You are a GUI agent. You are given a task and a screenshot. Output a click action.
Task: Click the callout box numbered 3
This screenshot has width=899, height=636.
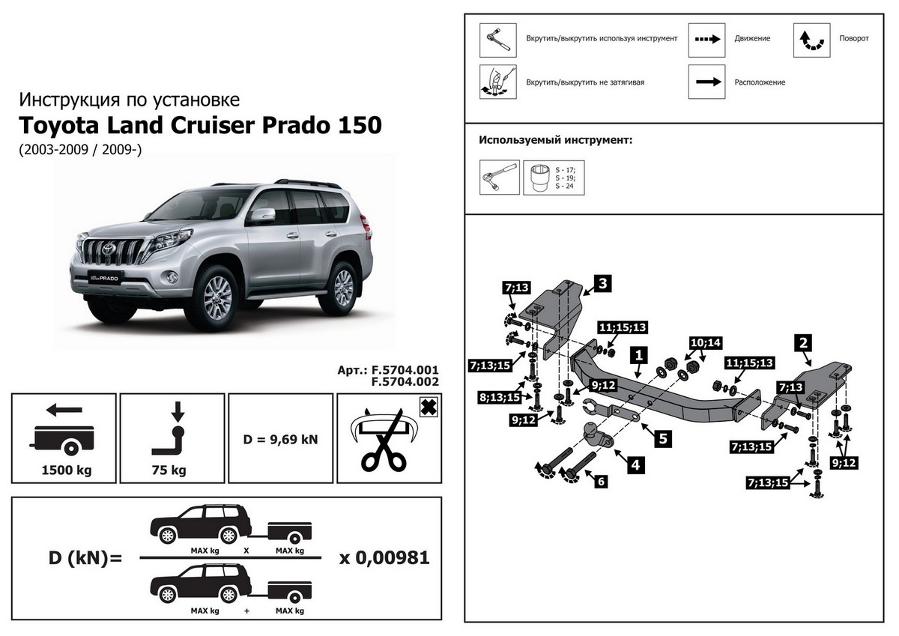602,283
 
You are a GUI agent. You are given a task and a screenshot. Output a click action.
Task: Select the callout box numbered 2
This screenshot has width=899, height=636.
803,343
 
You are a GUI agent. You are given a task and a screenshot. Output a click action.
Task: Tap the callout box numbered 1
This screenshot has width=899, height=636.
638,354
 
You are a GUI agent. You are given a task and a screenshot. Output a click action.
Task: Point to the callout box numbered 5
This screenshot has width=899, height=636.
662,437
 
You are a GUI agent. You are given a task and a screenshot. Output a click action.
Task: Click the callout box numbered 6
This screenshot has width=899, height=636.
599,481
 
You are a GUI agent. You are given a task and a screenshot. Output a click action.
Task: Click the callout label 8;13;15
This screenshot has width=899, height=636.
499,397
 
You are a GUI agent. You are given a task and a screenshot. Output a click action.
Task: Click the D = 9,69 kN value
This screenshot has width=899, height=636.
281,438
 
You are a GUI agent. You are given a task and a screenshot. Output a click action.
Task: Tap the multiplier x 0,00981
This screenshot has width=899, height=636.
384,558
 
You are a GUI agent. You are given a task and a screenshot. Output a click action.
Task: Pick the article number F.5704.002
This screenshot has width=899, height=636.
405,381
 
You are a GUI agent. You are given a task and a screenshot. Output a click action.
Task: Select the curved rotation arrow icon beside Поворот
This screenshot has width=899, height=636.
811,40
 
